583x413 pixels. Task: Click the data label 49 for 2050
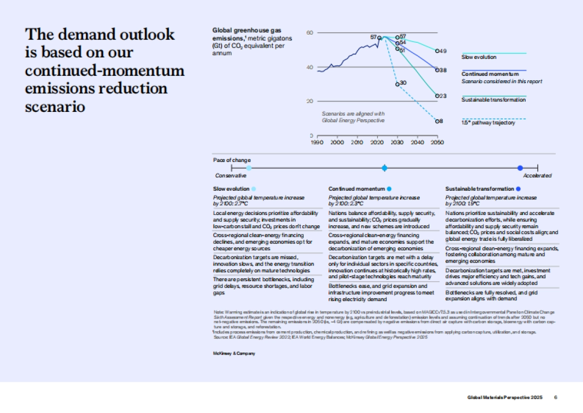pyautogui.click(x=443, y=51)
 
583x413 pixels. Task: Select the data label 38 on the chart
pyautogui.click(x=443, y=71)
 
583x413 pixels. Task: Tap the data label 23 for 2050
pyautogui.click(x=443, y=96)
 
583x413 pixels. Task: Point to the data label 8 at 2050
pyautogui.click(x=441, y=121)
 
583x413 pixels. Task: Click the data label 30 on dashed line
pyautogui.click(x=403, y=83)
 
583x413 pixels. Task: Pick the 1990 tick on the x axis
pyautogui.click(x=317, y=143)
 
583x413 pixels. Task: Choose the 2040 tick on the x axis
pyautogui.click(x=417, y=143)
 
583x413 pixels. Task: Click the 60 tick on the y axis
pyautogui.click(x=309, y=33)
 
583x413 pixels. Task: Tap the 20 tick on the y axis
pyautogui.click(x=309, y=101)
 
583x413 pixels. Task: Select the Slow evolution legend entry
pyautogui.click(x=479, y=57)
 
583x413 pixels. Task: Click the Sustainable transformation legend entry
pyautogui.click(x=493, y=100)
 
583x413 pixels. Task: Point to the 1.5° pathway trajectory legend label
pyautogui.click(x=488, y=123)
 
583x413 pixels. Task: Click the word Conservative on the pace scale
pyautogui.click(x=230, y=176)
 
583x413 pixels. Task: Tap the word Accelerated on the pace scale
pyautogui.click(x=538, y=176)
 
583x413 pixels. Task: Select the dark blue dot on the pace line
pyautogui.click(x=520, y=168)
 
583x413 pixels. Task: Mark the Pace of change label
pyautogui.click(x=232, y=160)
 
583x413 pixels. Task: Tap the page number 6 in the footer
pyautogui.click(x=555, y=397)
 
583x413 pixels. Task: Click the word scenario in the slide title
pyautogui.click(x=55, y=107)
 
